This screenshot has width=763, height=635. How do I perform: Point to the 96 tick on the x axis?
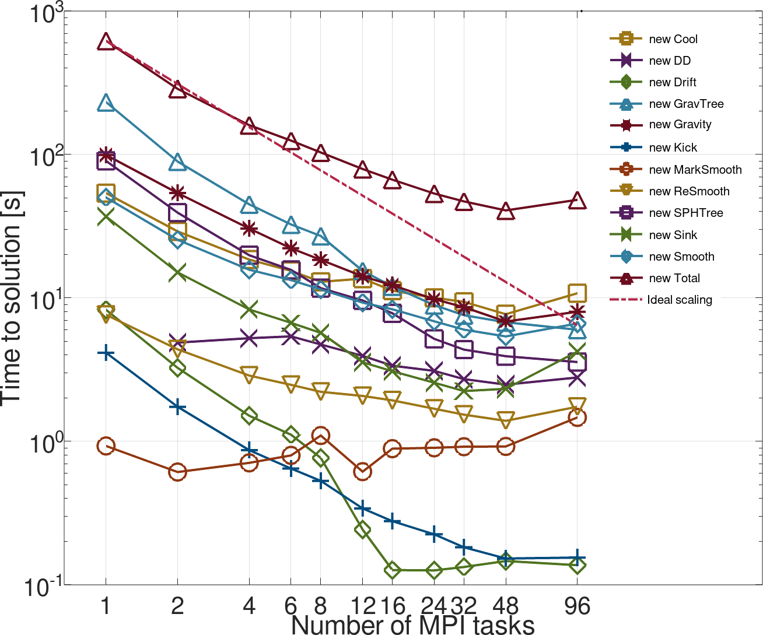[577, 606]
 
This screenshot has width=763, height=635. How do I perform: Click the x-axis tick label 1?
[106, 606]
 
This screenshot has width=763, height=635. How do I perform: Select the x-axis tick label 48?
[506, 606]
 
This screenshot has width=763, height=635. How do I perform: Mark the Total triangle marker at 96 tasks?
[577, 201]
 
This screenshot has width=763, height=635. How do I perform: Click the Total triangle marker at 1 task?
[106, 41]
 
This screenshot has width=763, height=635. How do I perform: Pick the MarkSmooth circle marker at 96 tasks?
[577, 418]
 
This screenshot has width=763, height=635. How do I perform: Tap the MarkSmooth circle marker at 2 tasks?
[177, 472]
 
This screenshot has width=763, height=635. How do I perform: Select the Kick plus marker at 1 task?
[106, 353]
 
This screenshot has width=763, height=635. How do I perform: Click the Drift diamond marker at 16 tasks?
[393, 570]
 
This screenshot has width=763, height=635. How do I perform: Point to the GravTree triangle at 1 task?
[106, 104]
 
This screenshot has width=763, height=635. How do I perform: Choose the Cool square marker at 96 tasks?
[577, 293]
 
